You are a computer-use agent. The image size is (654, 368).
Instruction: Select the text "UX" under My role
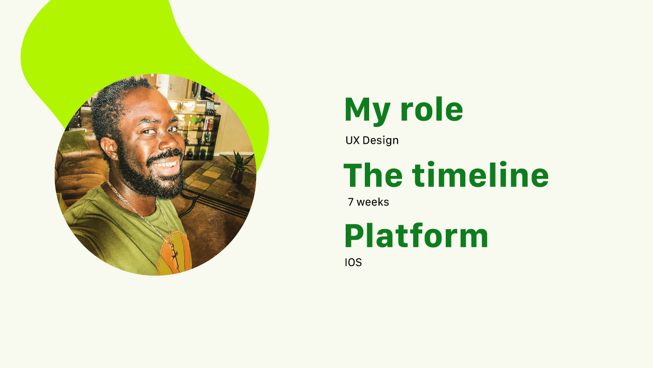pyautogui.click(x=352, y=140)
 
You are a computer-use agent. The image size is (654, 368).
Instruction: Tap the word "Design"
pyautogui.click(x=381, y=140)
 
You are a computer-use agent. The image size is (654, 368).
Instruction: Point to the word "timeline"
pyautogui.click(x=481, y=174)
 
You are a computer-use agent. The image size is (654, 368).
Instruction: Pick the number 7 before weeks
pyautogui.click(x=350, y=202)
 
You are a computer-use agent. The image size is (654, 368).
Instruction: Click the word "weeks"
pyautogui.click(x=373, y=202)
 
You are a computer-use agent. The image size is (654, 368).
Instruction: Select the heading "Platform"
pyautogui.click(x=417, y=236)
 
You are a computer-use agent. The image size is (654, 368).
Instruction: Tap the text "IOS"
pyautogui.click(x=353, y=263)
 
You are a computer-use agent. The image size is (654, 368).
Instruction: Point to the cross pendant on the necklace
pyautogui.click(x=175, y=253)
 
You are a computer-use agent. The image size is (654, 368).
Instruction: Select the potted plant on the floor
pyautogui.click(x=238, y=167)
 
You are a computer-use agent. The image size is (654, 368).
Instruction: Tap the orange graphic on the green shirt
pyautogui.click(x=174, y=253)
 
